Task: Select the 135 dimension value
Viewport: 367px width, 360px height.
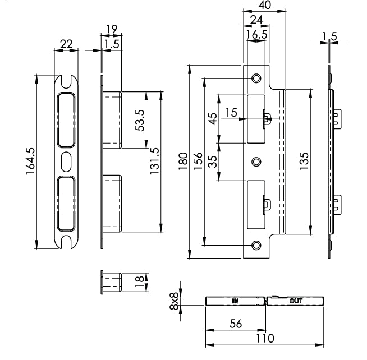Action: [303, 161]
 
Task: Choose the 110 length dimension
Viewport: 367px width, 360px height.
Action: [265, 338]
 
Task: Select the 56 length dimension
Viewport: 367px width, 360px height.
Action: [235, 324]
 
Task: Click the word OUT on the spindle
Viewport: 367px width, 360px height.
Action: [296, 301]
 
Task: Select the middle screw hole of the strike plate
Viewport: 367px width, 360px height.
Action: [256, 162]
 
